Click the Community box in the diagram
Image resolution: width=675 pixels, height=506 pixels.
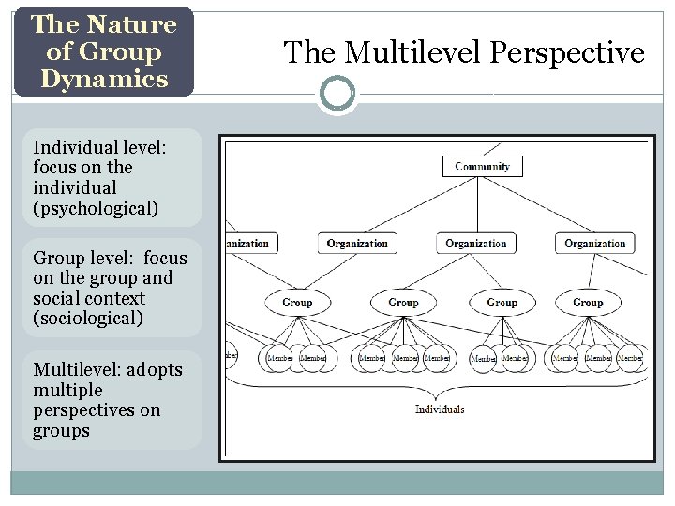tap(482, 167)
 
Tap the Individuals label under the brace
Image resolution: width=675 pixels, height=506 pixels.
tap(440, 409)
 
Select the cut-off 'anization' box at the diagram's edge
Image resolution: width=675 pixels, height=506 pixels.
tap(247, 244)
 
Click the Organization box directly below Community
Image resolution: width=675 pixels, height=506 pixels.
tap(475, 244)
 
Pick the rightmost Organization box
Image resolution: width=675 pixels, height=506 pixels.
tap(594, 244)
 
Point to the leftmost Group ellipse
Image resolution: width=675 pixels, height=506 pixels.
tap(297, 303)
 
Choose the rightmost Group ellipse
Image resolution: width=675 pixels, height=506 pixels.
tap(588, 303)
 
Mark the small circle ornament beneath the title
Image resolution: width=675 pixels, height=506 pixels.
tap(337, 94)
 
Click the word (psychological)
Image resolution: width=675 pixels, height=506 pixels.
tap(96, 208)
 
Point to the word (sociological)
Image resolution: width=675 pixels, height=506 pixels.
tap(88, 319)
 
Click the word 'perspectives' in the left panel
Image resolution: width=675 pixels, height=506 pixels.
tap(84, 410)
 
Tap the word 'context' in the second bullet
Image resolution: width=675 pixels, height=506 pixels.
tap(115, 298)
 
